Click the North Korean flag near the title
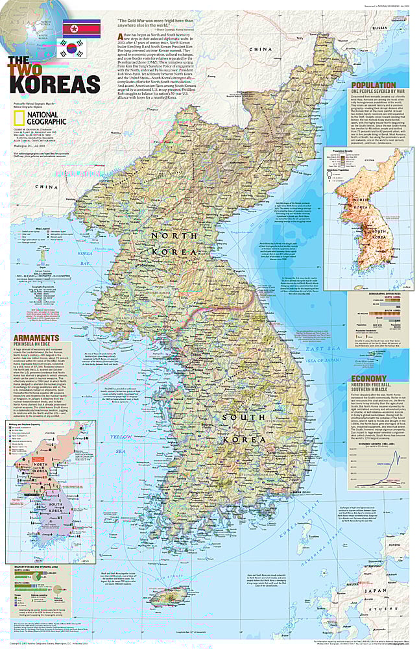tap(81, 27)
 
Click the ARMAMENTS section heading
tap(37, 337)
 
